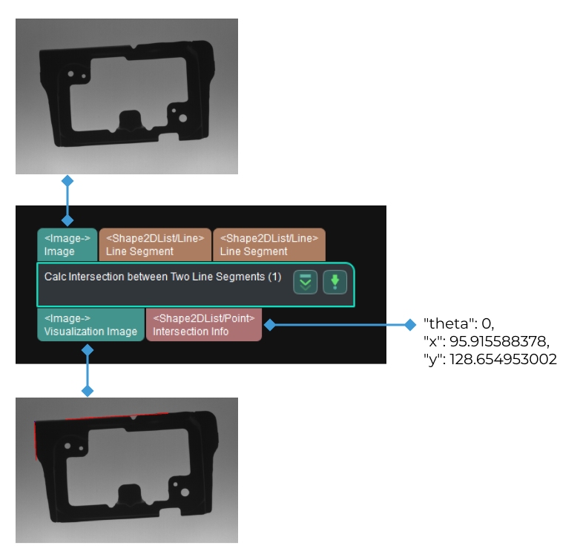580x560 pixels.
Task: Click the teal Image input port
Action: coord(67,245)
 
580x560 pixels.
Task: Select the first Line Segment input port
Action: coord(155,245)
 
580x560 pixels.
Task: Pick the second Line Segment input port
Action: coord(268,245)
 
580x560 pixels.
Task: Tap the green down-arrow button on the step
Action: coord(335,282)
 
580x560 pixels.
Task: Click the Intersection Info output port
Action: coord(204,325)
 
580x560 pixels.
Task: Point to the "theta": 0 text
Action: coord(458,324)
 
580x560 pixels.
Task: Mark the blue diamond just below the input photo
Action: coord(67,180)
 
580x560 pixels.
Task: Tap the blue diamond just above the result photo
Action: coord(88,390)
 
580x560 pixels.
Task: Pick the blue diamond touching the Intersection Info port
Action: coord(268,325)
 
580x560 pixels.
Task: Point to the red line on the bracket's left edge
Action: coord(36,441)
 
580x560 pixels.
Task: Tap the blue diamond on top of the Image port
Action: coord(67,220)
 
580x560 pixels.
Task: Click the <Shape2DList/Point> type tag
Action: coord(204,318)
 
